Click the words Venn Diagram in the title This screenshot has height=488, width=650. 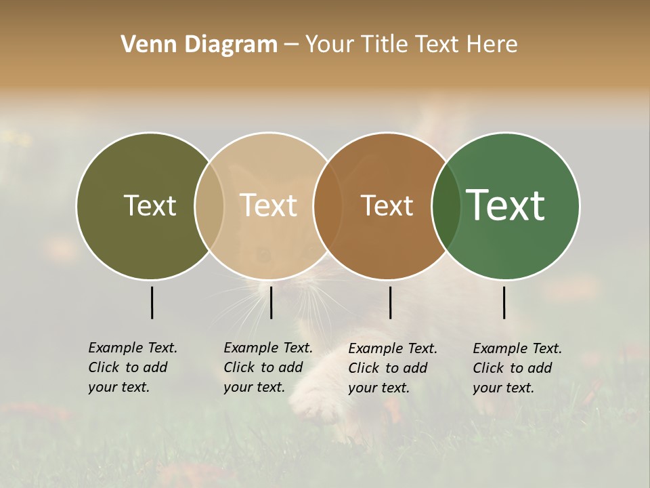199,45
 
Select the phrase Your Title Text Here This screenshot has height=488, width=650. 411,45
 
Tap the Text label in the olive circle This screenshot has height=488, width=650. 150,205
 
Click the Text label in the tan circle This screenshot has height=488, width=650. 268,205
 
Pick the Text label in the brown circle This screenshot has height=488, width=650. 387,205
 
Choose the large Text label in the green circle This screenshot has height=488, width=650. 506,205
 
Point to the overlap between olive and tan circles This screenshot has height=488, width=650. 209,205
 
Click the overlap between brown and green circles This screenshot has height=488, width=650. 446,205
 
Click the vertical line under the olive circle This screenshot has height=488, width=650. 152,302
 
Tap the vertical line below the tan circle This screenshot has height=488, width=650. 271,302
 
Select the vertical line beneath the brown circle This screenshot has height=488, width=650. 390,302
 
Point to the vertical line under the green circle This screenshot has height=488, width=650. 504,302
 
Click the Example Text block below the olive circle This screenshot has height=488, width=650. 133,367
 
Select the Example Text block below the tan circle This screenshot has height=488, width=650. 268,367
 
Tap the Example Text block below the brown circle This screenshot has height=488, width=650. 393,368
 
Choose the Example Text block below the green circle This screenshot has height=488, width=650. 517,368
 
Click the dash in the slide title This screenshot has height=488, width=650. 291,45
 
